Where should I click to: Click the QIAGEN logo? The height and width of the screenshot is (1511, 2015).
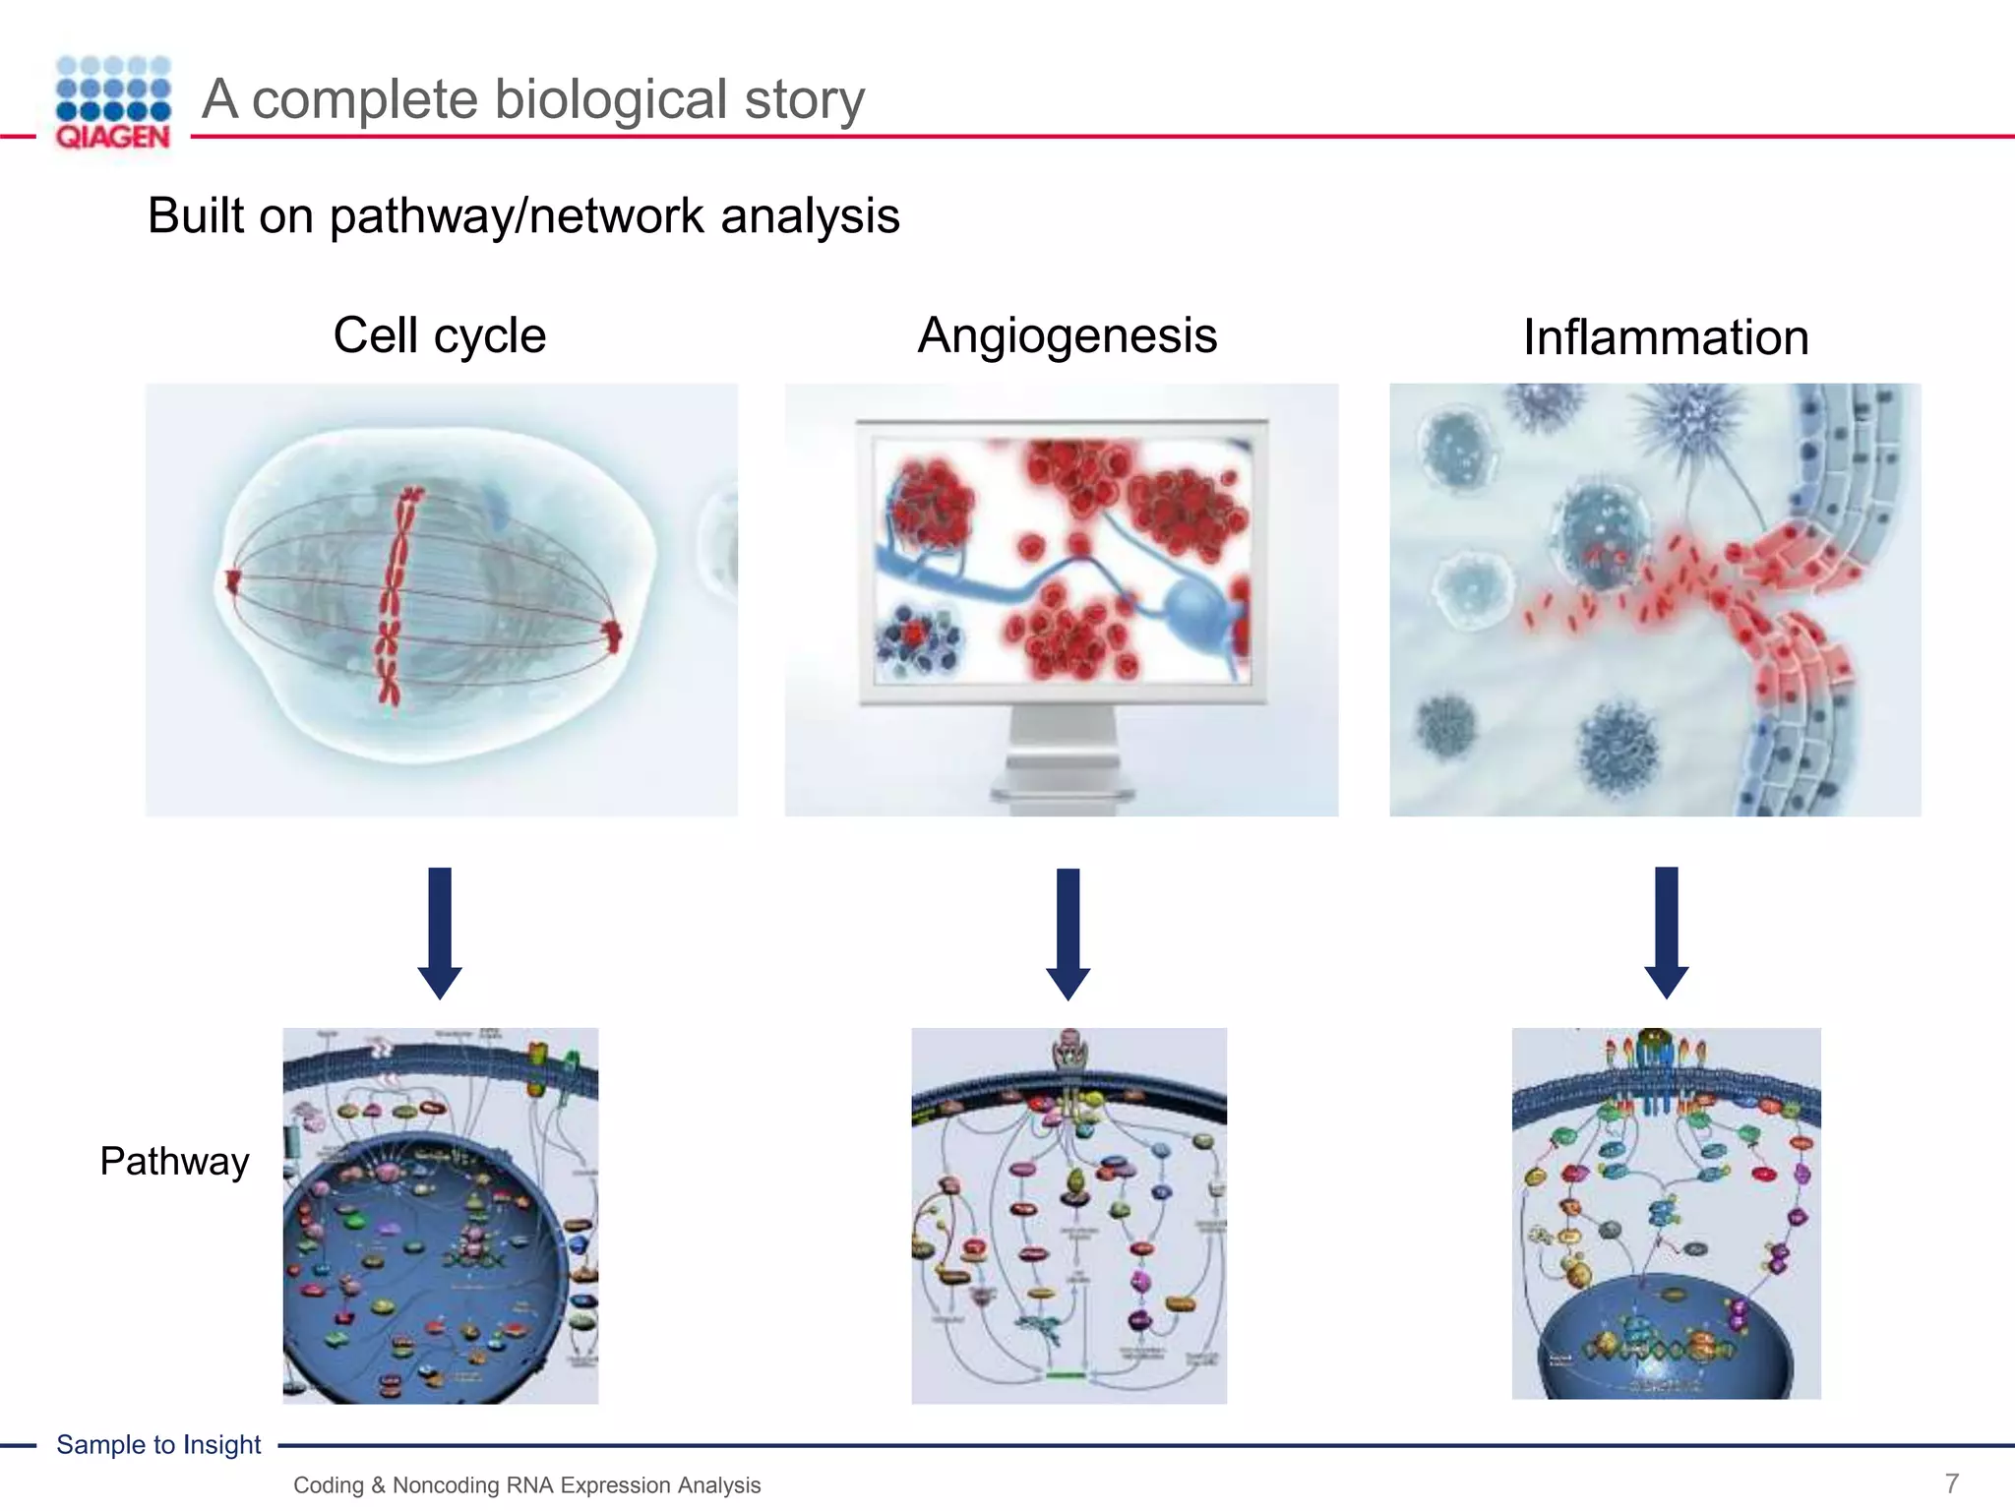(x=113, y=102)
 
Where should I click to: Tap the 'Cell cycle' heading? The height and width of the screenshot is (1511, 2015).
(x=439, y=335)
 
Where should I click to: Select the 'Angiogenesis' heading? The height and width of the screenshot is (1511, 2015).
(x=1068, y=335)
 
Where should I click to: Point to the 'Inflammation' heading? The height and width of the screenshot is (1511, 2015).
(x=1666, y=337)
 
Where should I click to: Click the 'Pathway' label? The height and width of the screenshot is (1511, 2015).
(x=174, y=1162)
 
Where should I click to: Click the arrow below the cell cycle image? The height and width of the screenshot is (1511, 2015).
(x=440, y=932)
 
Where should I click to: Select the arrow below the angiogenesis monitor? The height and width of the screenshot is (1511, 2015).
(x=1068, y=933)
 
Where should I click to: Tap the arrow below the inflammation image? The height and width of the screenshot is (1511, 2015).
(x=1666, y=932)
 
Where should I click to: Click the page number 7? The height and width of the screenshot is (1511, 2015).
(x=1952, y=1482)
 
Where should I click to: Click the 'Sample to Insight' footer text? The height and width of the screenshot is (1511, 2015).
(x=158, y=1444)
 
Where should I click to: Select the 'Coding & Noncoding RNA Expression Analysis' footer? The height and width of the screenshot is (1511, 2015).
(x=526, y=1484)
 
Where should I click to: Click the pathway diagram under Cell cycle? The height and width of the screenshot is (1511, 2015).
(x=440, y=1215)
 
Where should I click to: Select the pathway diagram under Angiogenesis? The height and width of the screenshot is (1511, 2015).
(x=1069, y=1215)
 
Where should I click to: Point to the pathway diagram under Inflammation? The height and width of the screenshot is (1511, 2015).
(x=1666, y=1213)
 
